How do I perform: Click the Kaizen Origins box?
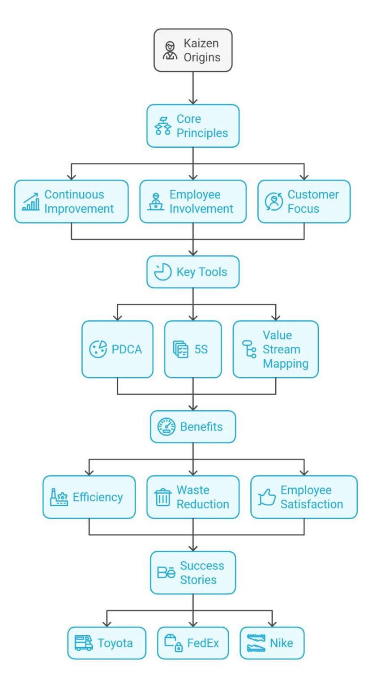click(193, 50)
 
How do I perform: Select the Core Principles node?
click(193, 126)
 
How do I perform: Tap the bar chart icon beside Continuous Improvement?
click(31, 202)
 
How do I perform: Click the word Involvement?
click(201, 209)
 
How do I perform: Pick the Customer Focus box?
click(304, 202)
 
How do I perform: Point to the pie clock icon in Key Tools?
click(162, 272)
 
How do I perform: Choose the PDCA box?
click(117, 349)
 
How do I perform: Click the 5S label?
click(201, 349)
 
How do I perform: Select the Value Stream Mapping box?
click(275, 349)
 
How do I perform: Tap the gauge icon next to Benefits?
click(166, 427)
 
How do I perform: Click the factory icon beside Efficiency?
click(59, 498)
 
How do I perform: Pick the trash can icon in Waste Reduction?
click(162, 498)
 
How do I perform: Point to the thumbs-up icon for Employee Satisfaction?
click(267, 498)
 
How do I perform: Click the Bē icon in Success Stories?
click(166, 573)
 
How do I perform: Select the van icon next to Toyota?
click(83, 643)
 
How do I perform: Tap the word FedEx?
click(203, 643)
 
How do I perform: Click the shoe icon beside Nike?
click(256, 643)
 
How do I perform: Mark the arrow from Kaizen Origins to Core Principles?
click(193, 88)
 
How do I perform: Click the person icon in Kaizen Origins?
click(170, 51)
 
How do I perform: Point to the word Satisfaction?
click(312, 504)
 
